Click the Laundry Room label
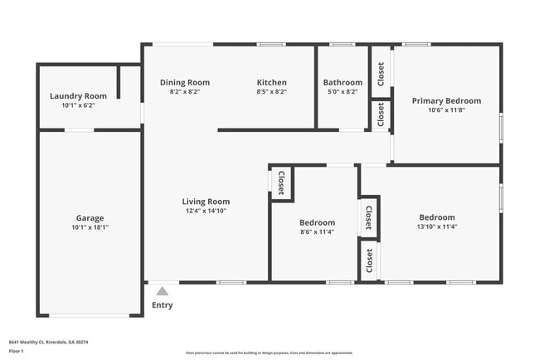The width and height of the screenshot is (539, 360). [78, 96]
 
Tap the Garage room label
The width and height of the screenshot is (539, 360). [90, 218]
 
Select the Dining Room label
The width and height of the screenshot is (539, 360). [184, 82]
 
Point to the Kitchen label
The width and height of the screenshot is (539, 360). [271, 82]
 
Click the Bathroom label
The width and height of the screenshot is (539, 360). [342, 82]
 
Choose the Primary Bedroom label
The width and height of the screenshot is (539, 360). [446, 101]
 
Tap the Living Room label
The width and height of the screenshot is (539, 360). [206, 202]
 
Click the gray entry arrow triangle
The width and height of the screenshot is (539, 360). [163, 290]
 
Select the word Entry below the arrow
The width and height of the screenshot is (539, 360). [163, 305]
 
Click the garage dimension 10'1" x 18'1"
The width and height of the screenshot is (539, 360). [90, 227]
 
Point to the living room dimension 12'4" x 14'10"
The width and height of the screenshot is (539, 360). [206, 211]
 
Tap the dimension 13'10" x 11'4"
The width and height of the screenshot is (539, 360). [437, 226]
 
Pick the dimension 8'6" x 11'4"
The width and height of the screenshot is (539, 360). [317, 232]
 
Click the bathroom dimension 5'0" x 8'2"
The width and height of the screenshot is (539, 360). [342, 91]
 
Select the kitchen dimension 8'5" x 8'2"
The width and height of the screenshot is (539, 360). [271, 91]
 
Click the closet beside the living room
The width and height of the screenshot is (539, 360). [280, 182]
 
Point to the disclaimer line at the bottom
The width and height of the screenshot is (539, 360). [269, 353]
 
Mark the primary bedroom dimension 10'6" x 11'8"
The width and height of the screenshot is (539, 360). [446, 110]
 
